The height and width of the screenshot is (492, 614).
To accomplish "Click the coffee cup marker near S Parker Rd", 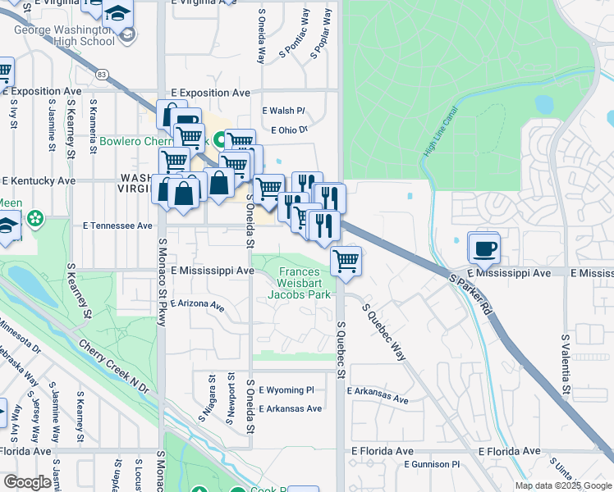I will coord(483,247).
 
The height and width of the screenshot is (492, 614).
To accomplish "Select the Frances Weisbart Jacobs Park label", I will coord(305,282).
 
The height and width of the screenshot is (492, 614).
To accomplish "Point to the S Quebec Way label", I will coord(385,331).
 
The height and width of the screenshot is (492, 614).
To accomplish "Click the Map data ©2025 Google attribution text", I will coord(563,485).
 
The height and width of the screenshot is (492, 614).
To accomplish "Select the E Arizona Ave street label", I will coord(198,304).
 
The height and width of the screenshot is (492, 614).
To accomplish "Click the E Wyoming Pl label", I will coord(286,390).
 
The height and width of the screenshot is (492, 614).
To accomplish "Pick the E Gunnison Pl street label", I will coord(436,465).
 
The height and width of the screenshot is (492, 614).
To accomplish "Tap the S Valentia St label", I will coord(566,364).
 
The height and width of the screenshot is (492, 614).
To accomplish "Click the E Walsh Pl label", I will coord(283,111).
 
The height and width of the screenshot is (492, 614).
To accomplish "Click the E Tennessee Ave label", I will coord(117,225).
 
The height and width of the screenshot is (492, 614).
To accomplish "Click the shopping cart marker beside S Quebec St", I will coord(346,261).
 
